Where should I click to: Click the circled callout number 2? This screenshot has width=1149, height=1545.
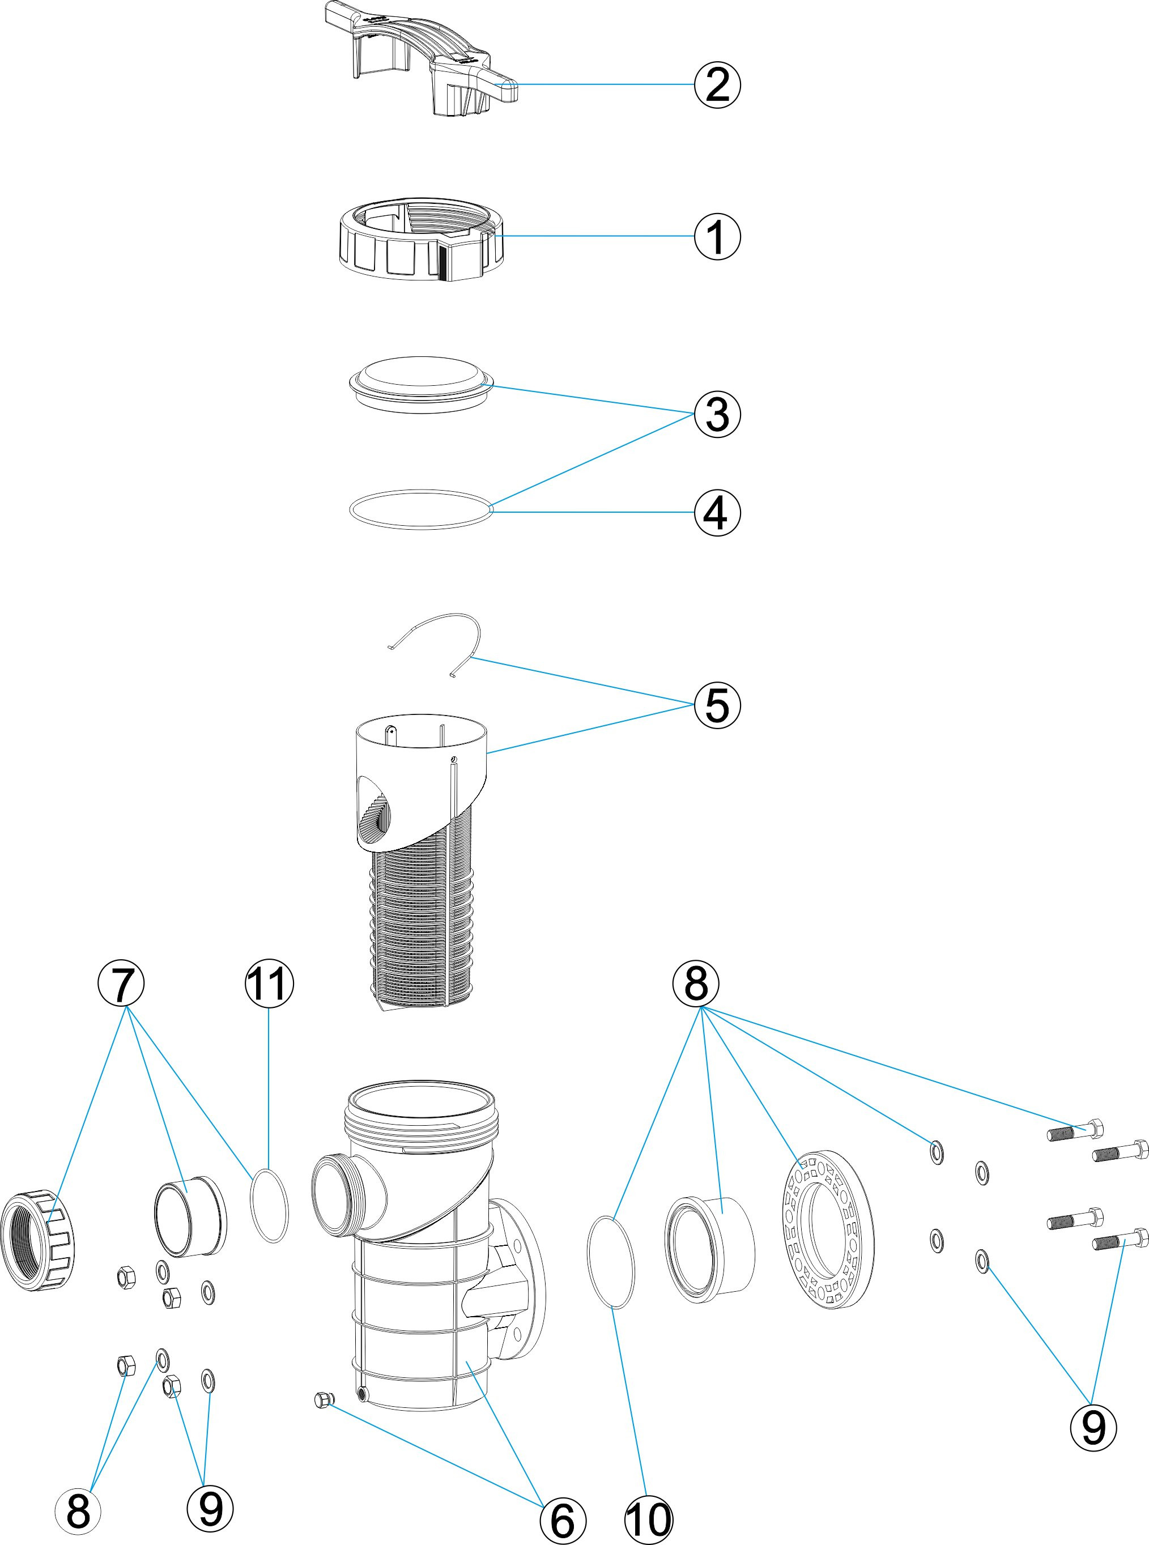coord(717,85)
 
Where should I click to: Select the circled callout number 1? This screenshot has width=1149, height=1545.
coord(717,236)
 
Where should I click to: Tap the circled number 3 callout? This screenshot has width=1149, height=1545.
coord(717,414)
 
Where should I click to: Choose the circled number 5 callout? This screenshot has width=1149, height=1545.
coord(717,705)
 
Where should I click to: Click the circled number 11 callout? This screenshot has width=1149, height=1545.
coord(269,985)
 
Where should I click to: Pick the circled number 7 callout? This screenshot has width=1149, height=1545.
coord(121,985)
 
